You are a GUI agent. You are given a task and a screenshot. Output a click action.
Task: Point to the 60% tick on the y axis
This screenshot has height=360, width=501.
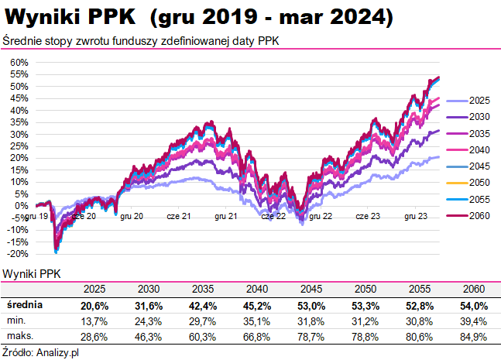click(19, 63)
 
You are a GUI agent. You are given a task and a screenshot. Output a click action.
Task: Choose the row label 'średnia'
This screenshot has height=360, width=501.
click(23, 306)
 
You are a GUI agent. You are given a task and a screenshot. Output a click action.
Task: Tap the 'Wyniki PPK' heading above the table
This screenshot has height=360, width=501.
click(32, 273)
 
